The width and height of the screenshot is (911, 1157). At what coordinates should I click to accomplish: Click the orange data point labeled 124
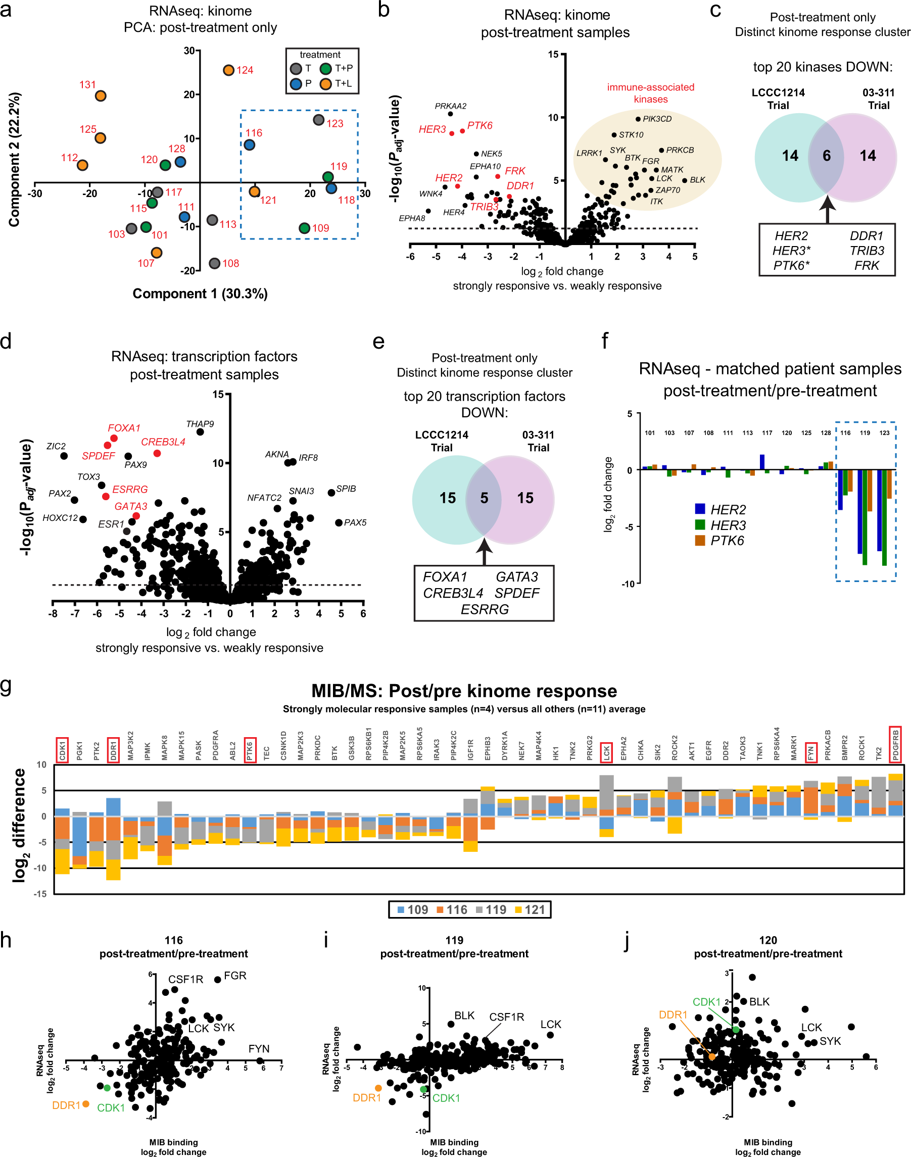229,70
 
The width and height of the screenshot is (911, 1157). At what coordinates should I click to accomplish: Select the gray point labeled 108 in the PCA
214,264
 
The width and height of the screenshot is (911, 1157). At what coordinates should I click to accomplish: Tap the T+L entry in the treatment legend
343,84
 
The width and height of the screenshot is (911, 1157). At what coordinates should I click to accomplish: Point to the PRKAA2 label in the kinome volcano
451,106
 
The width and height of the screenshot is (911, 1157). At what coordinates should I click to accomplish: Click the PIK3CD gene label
657,119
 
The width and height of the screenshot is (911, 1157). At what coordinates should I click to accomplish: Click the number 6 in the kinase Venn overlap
826,156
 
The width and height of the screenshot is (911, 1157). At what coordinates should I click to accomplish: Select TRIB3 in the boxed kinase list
867,251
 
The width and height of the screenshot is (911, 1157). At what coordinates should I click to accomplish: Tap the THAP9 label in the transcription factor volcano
200,424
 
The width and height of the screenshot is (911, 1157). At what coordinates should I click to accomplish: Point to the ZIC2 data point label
56,446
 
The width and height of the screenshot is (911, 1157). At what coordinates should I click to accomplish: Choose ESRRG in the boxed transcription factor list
485,609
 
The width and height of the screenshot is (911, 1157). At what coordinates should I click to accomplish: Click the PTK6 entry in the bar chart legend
727,541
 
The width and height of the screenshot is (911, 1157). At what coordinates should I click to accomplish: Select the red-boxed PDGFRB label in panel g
895,744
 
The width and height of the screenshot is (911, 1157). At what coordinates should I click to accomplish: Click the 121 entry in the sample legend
535,909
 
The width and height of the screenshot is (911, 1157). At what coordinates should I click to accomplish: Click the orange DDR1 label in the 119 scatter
367,1098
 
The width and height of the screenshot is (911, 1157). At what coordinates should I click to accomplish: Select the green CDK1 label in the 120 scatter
707,1002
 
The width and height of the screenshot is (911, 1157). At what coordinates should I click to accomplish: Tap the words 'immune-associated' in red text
651,87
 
